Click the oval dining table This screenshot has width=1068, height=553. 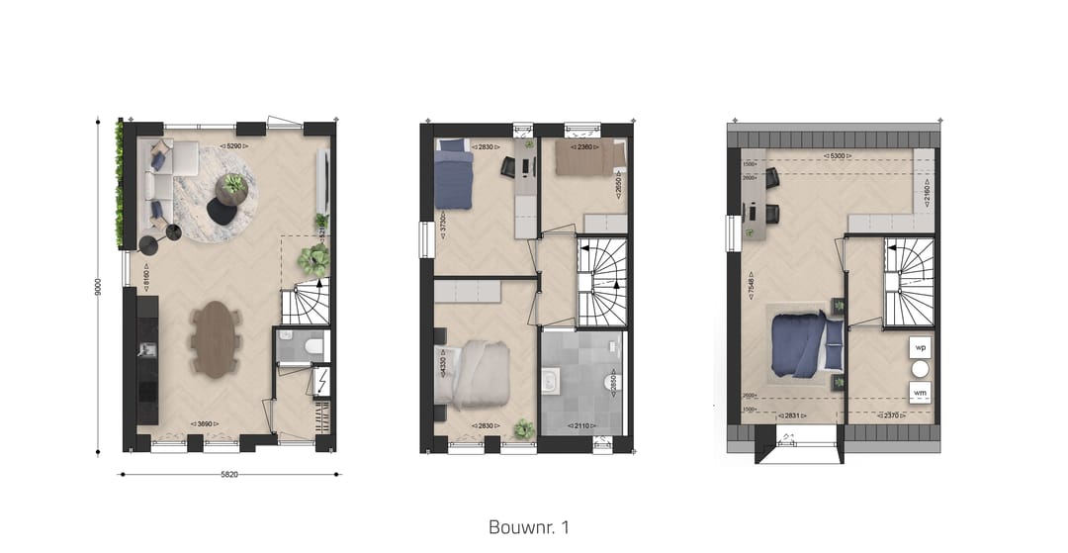tap(217, 338)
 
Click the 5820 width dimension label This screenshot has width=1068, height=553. tap(229, 475)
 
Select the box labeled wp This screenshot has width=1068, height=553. tap(920, 348)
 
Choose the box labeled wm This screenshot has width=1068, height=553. tap(920, 393)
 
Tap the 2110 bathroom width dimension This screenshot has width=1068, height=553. tap(577, 426)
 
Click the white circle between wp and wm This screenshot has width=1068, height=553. tap(920, 370)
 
